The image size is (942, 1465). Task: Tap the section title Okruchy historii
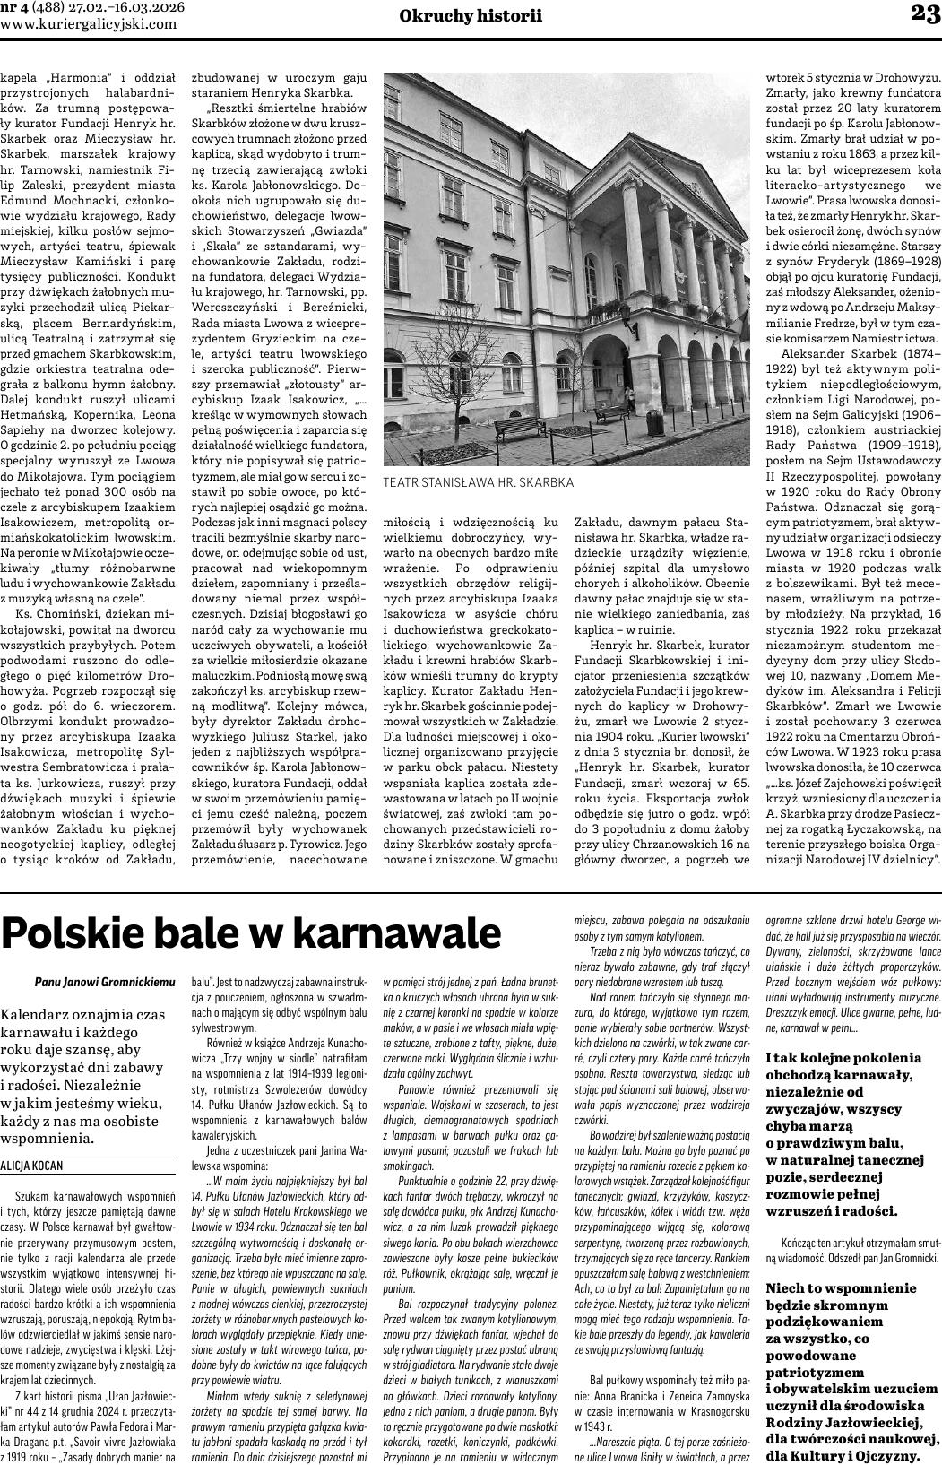(471, 14)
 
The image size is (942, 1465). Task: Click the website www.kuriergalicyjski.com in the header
(89, 24)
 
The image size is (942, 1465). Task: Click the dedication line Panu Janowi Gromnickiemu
(105, 983)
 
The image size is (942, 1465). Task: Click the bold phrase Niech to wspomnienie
(835, 1288)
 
